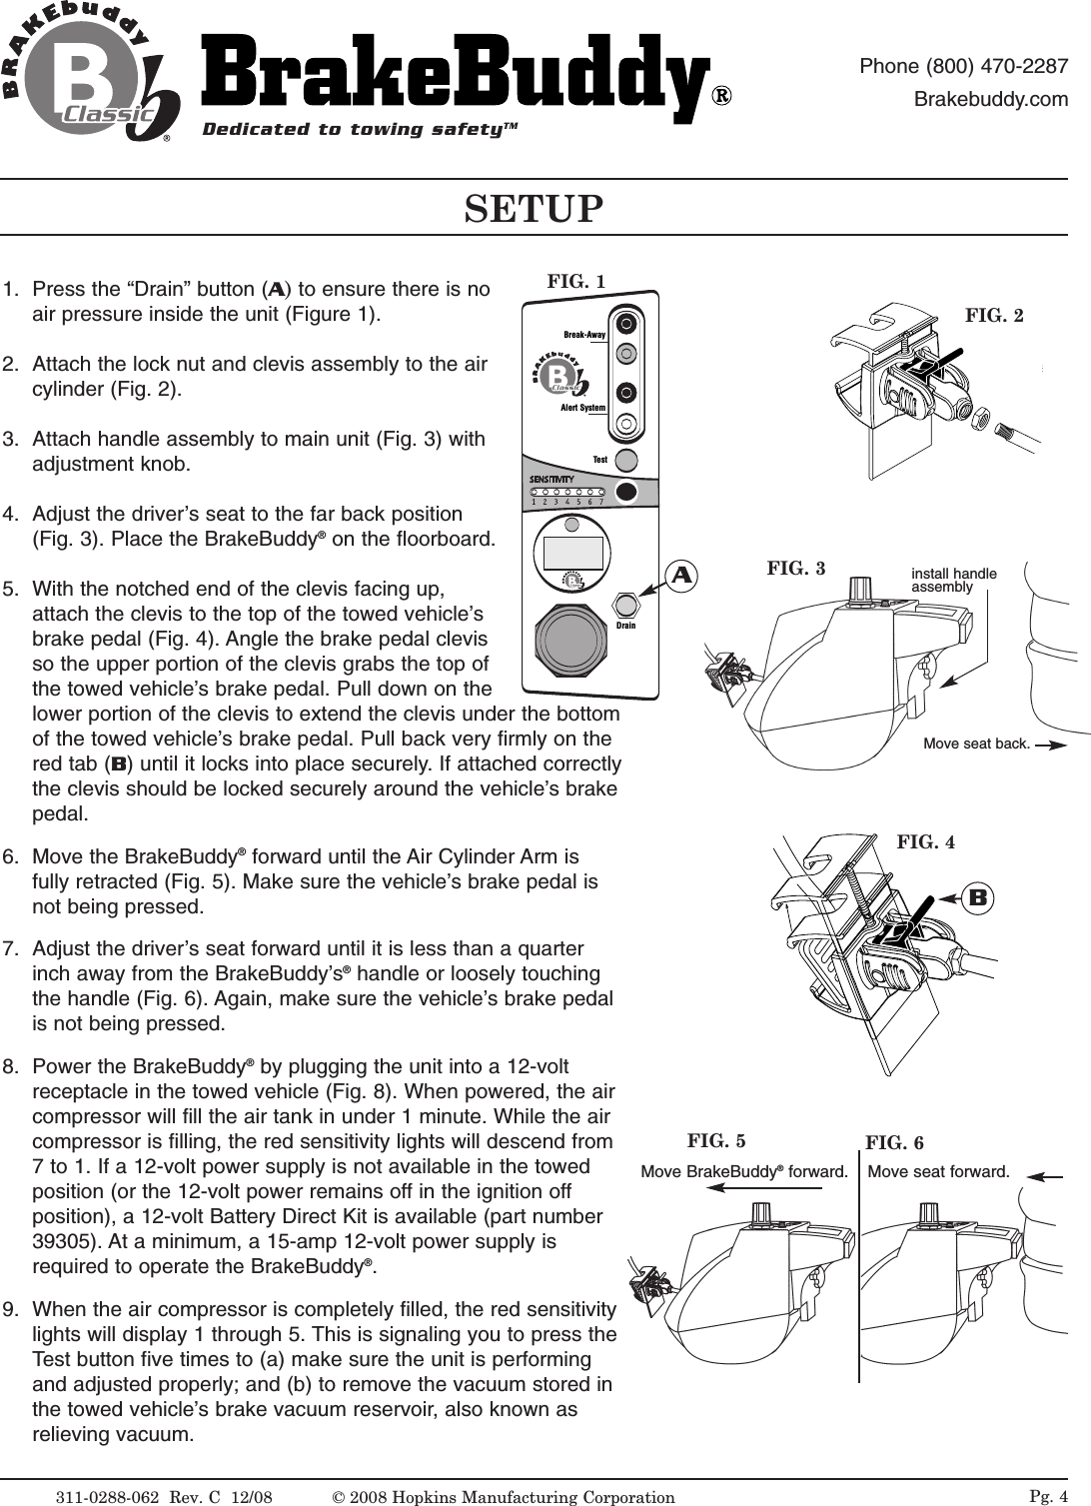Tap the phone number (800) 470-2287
[964, 67]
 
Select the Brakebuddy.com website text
[991, 100]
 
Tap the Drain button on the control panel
[625, 605]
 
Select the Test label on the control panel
[599, 460]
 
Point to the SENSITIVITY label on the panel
[550, 480]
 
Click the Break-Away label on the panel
[584, 334]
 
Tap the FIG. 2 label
[994, 316]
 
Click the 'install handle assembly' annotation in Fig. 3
[953, 581]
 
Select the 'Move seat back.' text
[976, 744]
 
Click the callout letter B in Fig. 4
[978, 897]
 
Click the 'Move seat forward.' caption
[938, 1170]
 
